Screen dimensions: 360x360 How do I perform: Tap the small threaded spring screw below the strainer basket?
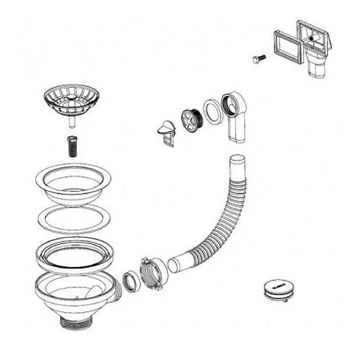click(71, 145)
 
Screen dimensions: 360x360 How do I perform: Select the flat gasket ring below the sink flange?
click(73, 219)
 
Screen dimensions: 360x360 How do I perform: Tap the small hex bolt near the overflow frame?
click(259, 58)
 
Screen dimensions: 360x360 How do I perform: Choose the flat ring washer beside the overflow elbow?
click(212, 111)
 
